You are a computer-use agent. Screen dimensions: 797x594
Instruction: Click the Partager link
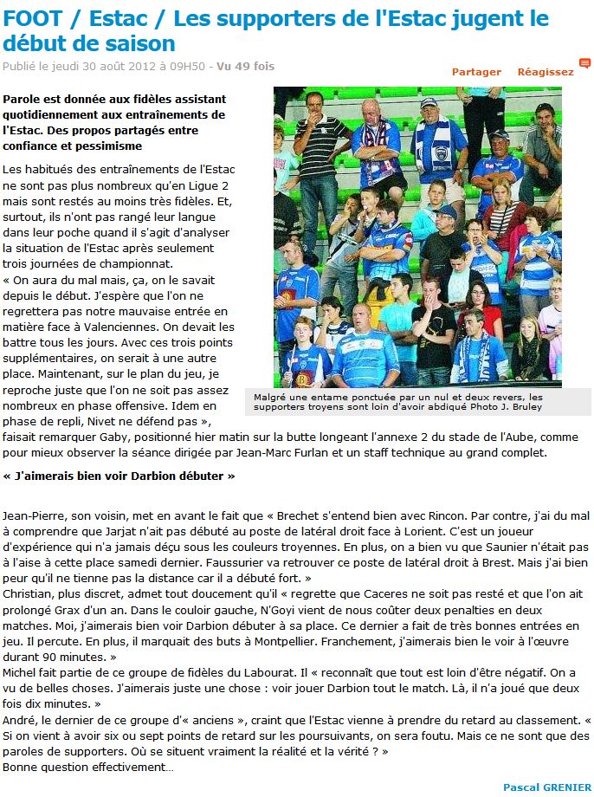click(476, 72)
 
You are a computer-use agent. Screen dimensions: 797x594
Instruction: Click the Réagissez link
click(546, 72)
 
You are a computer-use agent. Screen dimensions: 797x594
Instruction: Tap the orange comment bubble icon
click(585, 64)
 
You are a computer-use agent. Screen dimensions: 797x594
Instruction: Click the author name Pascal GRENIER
click(546, 787)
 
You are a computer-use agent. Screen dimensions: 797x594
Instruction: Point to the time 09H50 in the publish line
click(190, 66)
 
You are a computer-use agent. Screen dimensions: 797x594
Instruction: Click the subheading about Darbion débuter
click(119, 476)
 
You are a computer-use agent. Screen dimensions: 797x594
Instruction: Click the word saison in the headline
click(143, 42)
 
